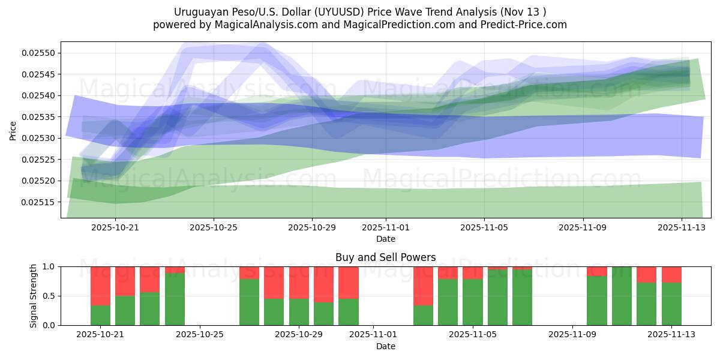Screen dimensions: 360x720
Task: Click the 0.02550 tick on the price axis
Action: pos(38,53)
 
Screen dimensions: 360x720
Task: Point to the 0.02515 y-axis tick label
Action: pos(38,202)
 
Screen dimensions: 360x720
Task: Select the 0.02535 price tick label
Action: pos(38,117)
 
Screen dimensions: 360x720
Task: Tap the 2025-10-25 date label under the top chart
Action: pos(214,228)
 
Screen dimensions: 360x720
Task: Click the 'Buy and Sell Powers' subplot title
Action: pos(385,258)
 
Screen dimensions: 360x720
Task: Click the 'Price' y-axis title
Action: pos(13,130)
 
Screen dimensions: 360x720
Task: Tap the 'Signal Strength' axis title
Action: pos(34,296)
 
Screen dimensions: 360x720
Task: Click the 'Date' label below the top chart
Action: pos(385,239)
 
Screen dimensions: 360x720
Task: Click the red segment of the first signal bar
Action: pos(100,286)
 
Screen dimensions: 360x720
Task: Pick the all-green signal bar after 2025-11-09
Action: pos(622,296)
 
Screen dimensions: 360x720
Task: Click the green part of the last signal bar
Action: pos(671,304)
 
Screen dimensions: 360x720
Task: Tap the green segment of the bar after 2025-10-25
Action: pos(249,302)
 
